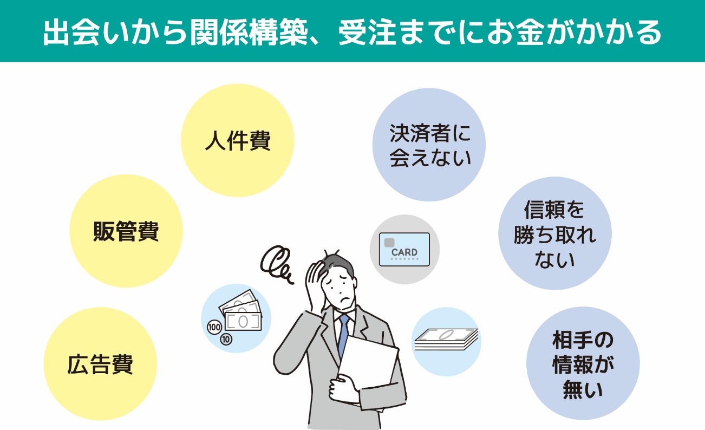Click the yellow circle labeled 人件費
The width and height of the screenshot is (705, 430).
[x=238, y=140]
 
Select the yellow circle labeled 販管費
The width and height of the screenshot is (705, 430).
[x=126, y=231]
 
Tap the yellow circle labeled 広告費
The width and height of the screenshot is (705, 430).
[x=100, y=364]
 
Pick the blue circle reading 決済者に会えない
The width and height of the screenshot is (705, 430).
[x=429, y=145]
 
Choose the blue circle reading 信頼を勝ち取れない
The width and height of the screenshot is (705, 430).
[x=555, y=233]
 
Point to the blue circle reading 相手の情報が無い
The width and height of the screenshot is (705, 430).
[x=583, y=363]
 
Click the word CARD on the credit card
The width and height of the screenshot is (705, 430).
[x=404, y=252]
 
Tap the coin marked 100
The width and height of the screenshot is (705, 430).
[x=214, y=328]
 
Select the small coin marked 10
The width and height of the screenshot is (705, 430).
[x=226, y=339]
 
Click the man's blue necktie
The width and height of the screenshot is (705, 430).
[x=344, y=334]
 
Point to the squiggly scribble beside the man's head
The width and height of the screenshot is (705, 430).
[x=276, y=264]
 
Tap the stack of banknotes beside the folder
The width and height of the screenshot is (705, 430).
[x=446, y=340]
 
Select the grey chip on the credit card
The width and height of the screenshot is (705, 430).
[x=389, y=243]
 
